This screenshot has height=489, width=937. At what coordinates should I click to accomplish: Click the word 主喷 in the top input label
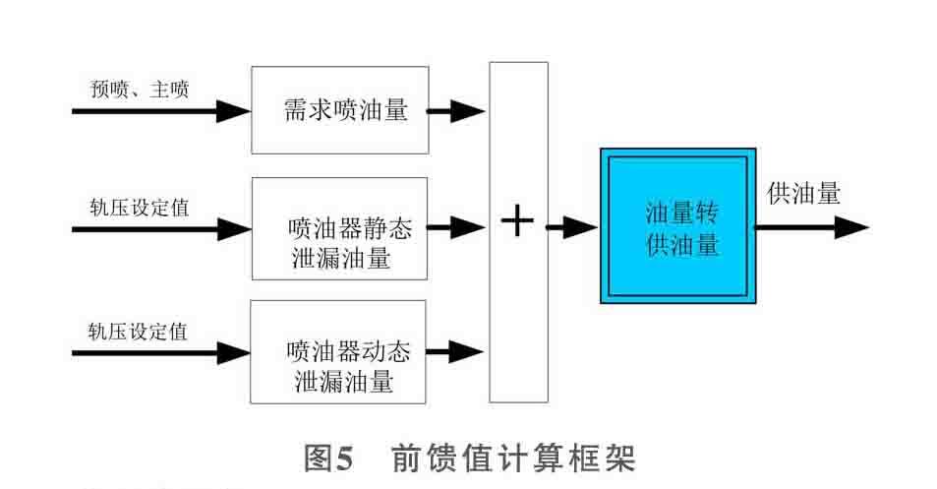coord(168,91)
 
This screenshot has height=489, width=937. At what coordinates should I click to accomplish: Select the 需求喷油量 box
coord(339,110)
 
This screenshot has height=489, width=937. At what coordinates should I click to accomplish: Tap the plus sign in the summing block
coord(517,223)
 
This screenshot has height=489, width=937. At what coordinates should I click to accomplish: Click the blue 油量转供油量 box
coord(677,225)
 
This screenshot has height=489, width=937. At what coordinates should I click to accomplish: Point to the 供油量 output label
coord(803,194)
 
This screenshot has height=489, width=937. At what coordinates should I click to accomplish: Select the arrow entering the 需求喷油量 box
coord(161,111)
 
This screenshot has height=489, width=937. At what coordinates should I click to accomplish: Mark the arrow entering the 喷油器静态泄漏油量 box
coord(161,229)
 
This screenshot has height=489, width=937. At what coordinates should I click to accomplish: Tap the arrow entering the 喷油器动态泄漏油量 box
coord(161,351)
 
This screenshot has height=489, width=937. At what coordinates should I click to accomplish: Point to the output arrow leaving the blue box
coord(812,228)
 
